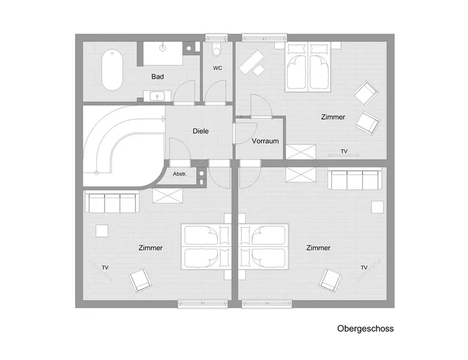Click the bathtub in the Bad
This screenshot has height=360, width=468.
coord(112,70)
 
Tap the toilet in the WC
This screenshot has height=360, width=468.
coord(217,49)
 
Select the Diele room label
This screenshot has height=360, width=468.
coord(200,131)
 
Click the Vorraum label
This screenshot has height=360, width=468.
coord(265,141)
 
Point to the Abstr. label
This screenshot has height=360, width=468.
coord(180,174)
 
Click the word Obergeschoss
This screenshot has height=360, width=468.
coord(365,329)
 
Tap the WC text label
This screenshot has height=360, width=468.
coord(218,68)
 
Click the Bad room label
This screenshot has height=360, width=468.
coord(158,77)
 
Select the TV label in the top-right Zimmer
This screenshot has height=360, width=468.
coord(344,151)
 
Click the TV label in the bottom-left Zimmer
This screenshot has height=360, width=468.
coord(105,268)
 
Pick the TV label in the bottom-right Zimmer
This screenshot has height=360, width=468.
coord(364,267)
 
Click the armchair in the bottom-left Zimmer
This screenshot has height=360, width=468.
coord(140,280)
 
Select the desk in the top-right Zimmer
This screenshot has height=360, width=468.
coord(251,62)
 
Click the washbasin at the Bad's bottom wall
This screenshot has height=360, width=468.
coord(157,96)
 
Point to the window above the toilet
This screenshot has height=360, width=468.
coord(217,38)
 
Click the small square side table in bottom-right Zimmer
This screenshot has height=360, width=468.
coord(377,207)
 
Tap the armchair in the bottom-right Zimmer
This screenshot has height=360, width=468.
coord(330,280)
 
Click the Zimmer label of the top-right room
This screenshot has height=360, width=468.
coord(333,117)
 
